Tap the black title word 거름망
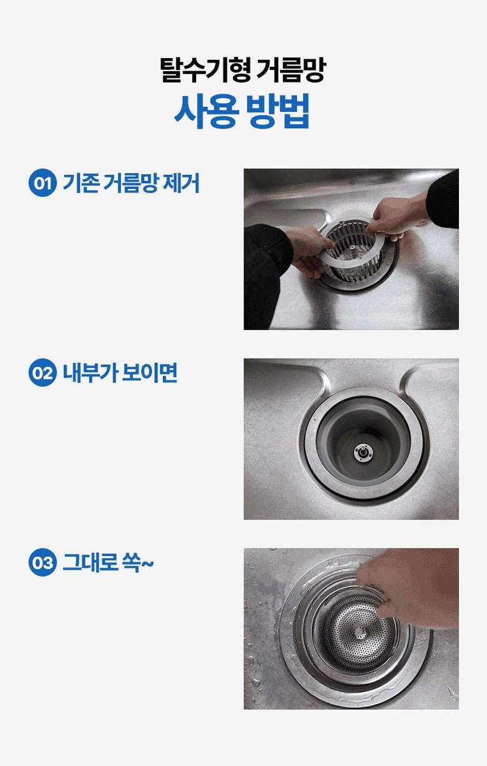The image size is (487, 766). click(291, 70)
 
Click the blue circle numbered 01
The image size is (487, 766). click(42, 182)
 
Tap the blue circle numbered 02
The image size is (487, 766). click(42, 372)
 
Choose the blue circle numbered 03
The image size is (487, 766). click(42, 562)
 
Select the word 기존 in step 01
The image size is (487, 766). click(81, 183)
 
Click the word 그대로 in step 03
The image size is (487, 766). click(91, 562)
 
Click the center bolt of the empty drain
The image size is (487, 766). click(363, 454)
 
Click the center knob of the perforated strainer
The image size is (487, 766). click(358, 633)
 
